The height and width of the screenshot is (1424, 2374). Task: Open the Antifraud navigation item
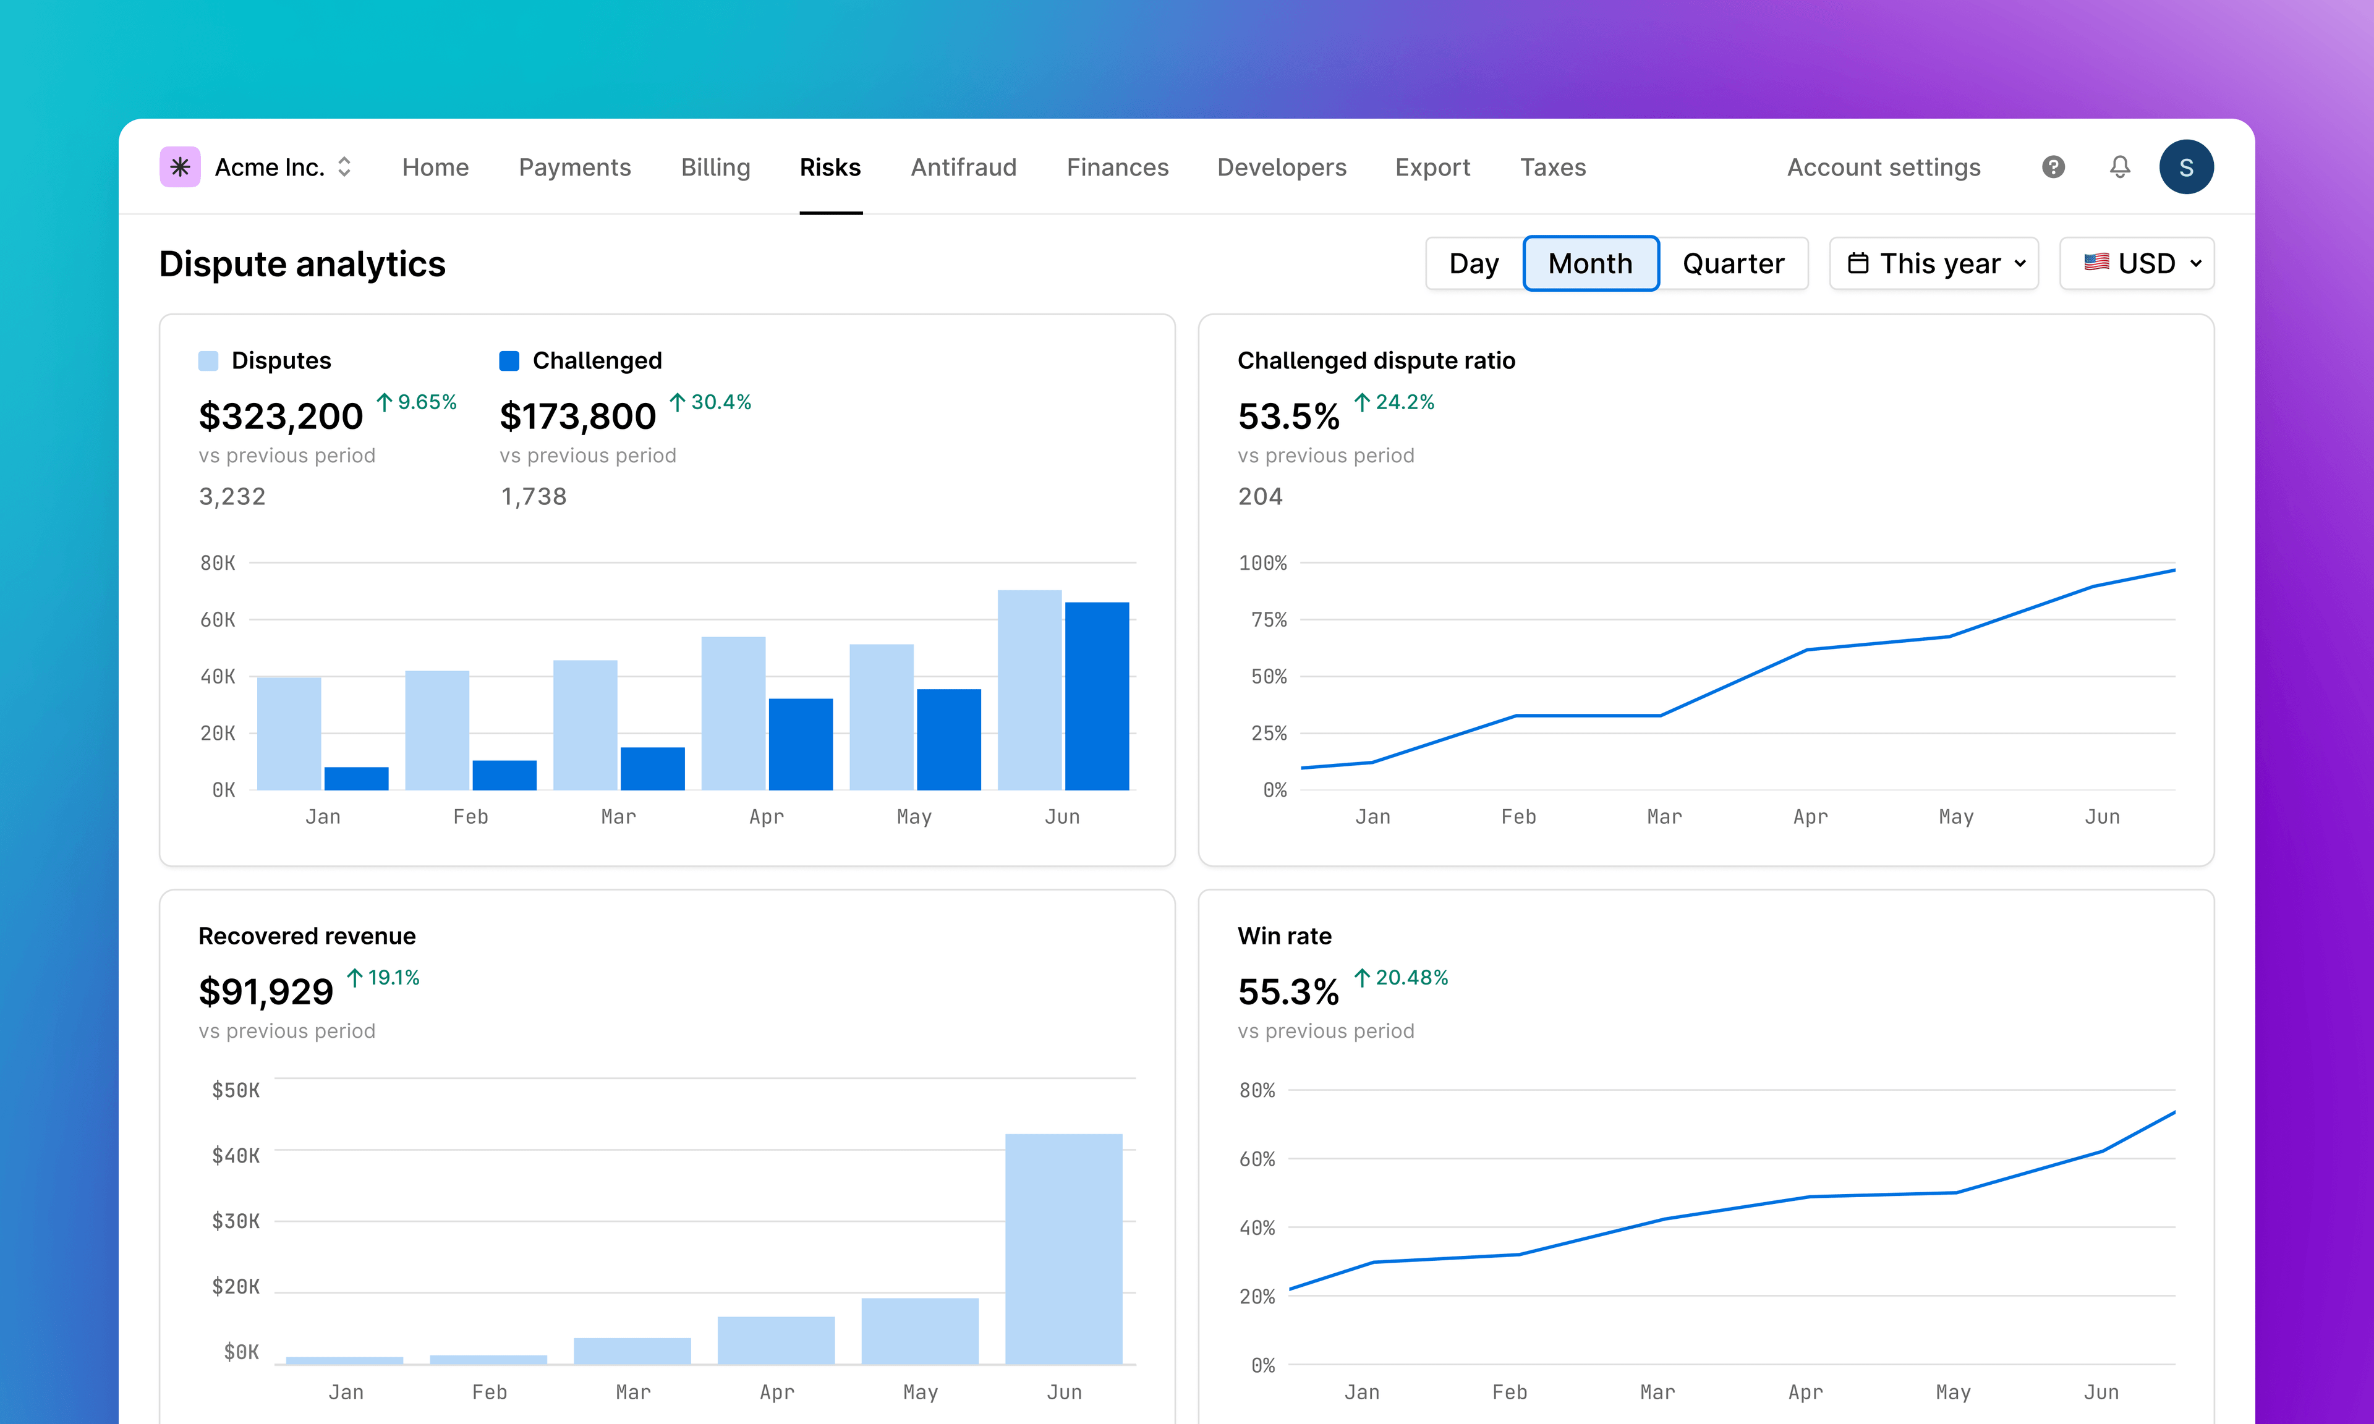coord(963,168)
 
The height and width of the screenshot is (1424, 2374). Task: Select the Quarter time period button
coord(1732,264)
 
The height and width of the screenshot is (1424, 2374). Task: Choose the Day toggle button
coord(1473,264)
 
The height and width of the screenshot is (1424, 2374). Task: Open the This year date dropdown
coord(1934,264)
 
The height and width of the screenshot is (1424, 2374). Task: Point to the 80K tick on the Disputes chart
coord(218,563)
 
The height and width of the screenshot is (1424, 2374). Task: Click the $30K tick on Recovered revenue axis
coord(235,1221)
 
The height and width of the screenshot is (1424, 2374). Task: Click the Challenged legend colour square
coord(509,361)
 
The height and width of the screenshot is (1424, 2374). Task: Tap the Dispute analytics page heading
coord(302,264)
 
